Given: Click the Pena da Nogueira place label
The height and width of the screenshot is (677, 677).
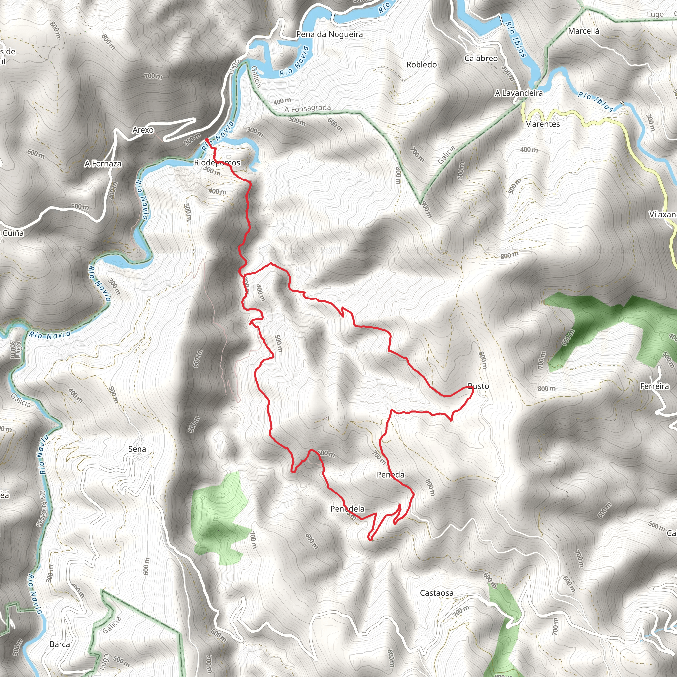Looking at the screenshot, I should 329,34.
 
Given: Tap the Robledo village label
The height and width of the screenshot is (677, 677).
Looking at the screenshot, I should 421,65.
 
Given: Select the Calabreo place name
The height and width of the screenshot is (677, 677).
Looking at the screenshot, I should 481,59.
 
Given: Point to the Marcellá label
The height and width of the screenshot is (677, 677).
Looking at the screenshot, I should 583,31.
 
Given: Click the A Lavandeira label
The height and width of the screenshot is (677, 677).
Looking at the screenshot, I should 519,93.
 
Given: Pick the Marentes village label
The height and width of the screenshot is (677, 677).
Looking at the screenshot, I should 542,124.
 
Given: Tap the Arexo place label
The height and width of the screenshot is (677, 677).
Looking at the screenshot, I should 143,130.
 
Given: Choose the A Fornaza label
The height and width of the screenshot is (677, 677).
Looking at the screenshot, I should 103,164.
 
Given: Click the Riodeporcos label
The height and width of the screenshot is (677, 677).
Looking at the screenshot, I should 217,163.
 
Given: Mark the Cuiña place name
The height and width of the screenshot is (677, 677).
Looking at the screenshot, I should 13,233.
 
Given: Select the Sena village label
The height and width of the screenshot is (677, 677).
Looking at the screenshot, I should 137,449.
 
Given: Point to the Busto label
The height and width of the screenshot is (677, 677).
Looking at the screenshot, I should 478,386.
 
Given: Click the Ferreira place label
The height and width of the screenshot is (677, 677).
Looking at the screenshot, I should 654,386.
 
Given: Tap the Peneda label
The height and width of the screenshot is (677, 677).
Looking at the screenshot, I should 390,475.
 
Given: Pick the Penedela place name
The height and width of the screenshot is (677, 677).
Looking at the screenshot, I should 347,508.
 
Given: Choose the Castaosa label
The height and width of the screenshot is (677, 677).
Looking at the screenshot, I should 437,593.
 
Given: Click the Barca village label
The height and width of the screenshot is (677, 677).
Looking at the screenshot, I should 60,644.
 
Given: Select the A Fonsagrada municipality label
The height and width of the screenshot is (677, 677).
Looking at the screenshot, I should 307,109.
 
